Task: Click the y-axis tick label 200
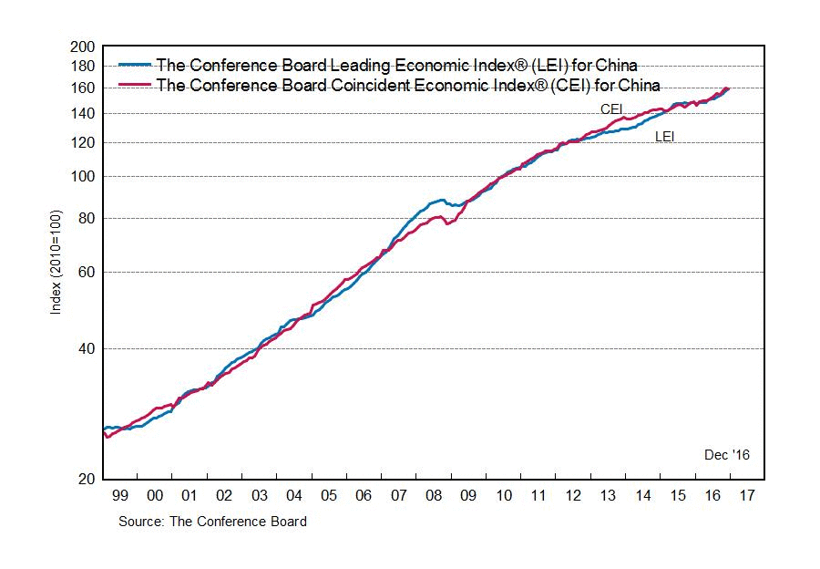pyautogui.click(x=83, y=47)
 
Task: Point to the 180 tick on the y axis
pyautogui.click(x=83, y=66)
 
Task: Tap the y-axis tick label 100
pyautogui.click(x=83, y=176)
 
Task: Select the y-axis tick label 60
pyautogui.click(x=87, y=272)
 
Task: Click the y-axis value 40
pyautogui.click(x=87, y=348)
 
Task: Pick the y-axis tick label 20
pyautogui.click(x=87, y=480)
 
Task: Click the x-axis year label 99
pyautogui.click(x=120, y=495)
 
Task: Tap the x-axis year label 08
pyautogui.click(x=433, y=495)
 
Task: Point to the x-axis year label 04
pyautogui.click(x=294, y=495)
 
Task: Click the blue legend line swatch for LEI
pyautogui.click(x=136, y=65)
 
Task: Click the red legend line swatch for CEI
pyautogui.click(x=136, y=86)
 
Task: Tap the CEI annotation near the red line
pyautogui.click(x=610, y=109)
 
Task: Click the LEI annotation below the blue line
pyautogui.click(x=665, y=138)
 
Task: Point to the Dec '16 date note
pyautogui.click(x=726, y=454)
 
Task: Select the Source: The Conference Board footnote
pyautogui.click(x=212, y=522)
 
